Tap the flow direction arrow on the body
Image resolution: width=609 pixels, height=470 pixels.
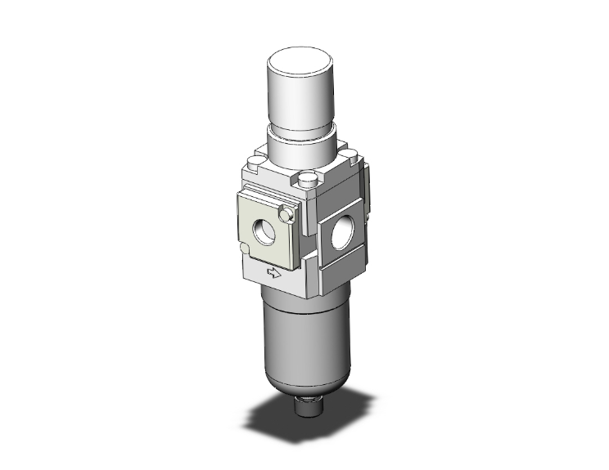click(x=275, y=275)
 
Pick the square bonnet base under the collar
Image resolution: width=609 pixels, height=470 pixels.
click(x=303, y=172)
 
